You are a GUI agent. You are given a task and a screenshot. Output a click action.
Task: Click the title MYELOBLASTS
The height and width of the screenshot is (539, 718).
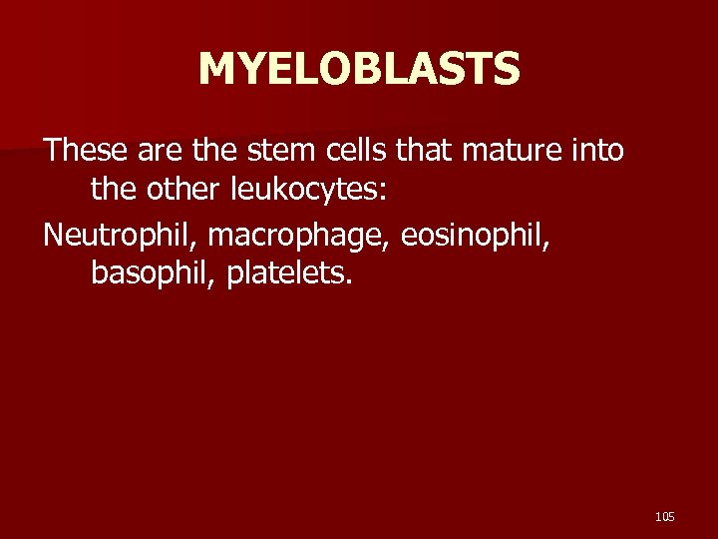[359, 70]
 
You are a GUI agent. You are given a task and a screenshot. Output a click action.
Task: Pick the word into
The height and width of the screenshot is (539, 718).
[597, 152]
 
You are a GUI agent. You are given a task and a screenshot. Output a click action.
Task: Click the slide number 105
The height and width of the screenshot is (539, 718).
[665, 516]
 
